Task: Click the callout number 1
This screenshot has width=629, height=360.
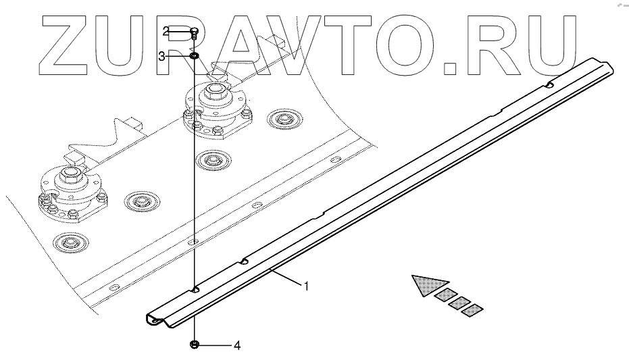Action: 306,286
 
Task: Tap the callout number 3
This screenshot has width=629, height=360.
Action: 162,57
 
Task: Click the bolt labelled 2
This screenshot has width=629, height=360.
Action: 194,31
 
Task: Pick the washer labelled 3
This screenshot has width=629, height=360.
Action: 194,56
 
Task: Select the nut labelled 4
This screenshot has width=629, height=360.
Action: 194,345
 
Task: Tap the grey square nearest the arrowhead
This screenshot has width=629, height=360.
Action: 445,294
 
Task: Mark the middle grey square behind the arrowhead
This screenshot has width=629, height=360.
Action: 460,302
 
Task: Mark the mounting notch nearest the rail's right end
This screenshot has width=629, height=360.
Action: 551,85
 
